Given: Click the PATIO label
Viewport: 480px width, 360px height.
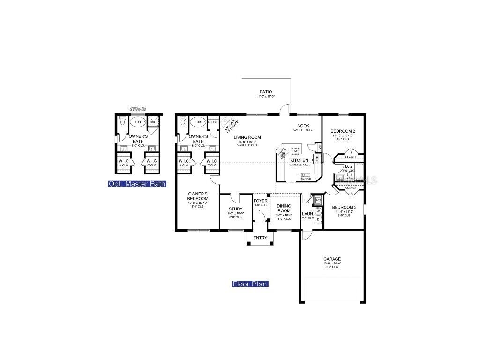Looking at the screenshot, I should tap(266, 92).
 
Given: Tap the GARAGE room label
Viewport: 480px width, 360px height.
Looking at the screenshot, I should tap(332, 259).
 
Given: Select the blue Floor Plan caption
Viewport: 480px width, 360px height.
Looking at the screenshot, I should tap(250, 284).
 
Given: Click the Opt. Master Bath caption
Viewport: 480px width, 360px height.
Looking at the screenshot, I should tap(137, 184).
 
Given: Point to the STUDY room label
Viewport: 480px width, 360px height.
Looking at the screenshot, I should tap(235, 209).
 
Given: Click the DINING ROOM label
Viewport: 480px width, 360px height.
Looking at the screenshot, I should tap(284, 209).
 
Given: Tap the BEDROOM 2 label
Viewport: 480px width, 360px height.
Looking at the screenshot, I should tap(343, 131).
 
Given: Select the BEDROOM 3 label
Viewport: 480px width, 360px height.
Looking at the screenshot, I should tap(345, 207).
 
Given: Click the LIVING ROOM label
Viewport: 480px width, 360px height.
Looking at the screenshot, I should tap(247, 137).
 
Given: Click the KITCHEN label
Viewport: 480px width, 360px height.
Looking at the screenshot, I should tap(300, 160).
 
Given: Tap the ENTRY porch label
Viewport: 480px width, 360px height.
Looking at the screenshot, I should tap(260, 238).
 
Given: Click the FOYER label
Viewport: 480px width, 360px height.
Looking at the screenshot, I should tap(260, 201).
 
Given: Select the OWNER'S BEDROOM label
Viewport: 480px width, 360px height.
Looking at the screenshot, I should tap(198, 196).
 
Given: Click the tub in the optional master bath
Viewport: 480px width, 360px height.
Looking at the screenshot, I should tap(138, 122).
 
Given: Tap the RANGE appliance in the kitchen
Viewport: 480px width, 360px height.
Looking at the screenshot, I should tap(305, 179).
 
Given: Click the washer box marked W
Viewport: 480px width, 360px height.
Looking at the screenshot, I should tap(318, 211).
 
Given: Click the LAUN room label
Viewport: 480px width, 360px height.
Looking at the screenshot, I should tap(307, 214).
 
